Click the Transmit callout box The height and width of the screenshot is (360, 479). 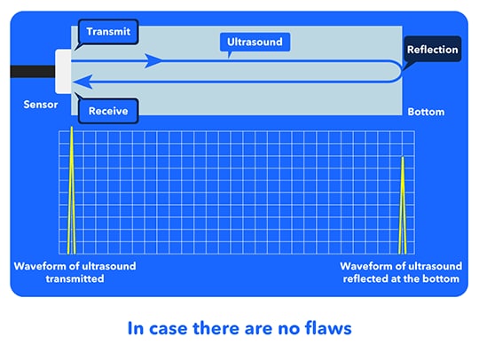[108, 32]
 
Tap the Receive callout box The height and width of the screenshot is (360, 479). [108, 111]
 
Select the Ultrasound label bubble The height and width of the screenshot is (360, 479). [255, 42]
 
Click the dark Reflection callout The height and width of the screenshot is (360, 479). [433, 49]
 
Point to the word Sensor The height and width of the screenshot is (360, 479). [41, 105]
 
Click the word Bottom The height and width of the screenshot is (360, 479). [426, 112]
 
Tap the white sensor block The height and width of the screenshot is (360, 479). [63, 72]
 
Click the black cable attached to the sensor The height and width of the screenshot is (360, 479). [33, 72]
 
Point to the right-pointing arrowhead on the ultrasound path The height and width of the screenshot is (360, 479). [153, 61]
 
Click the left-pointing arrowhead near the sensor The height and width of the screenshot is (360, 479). [82, 82]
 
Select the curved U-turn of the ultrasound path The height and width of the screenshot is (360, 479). [397, 72]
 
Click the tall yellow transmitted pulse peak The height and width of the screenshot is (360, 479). [72, 190]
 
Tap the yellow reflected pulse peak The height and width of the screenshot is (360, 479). [403, 205]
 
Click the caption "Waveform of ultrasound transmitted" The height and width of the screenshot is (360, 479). [75, 272]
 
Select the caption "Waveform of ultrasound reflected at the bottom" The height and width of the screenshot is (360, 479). [401, 272]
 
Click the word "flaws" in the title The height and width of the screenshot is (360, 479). [328, 328]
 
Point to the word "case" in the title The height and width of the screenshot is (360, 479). [168, 329]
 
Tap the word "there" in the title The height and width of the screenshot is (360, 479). [216, 328]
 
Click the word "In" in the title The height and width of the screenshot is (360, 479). [136, 329]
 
